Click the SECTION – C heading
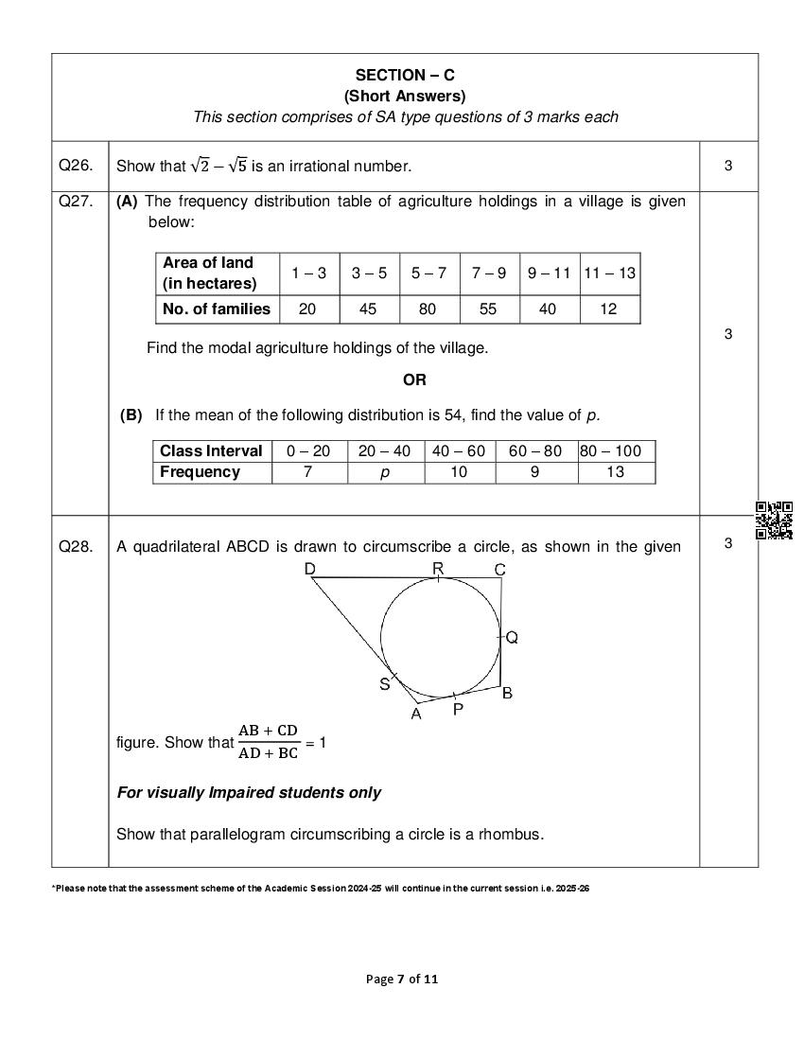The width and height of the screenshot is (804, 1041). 405,75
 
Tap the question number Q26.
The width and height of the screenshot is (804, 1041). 76,166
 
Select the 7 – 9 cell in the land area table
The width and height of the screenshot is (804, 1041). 489,273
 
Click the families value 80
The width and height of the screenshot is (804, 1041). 429,309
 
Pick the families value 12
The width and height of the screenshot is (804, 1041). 610,309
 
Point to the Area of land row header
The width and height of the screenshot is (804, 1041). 208,273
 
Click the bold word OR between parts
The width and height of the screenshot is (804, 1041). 414,379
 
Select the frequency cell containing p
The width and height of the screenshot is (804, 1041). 385,472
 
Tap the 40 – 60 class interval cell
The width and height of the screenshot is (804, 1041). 459,451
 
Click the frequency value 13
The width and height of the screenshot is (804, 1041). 615,472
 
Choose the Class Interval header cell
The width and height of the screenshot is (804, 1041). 211,451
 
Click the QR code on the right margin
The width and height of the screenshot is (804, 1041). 774,520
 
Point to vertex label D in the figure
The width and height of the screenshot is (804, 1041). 310,569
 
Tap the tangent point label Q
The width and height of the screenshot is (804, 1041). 512,638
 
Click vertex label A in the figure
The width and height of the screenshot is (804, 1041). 416,715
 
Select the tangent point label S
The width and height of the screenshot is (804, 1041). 385,684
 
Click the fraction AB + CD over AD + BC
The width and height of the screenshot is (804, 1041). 268,742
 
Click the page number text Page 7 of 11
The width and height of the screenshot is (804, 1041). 402,979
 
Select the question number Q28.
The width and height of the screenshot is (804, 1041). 76,545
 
